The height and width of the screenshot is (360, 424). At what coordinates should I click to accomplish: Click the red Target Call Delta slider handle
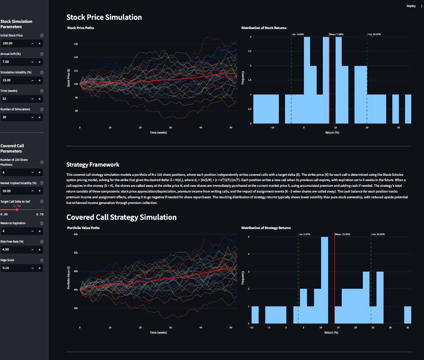(x=17, y=210)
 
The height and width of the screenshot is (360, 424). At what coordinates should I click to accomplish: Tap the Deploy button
(x=411, y=6)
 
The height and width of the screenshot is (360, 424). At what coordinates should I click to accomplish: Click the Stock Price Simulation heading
(x=104, y=18)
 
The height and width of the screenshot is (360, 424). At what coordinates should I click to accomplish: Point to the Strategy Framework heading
(x=93, y=165)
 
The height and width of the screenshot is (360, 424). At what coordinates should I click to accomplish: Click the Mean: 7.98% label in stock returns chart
(x=336, y=34)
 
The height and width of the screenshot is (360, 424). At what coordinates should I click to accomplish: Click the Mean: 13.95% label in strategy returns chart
(x=343, y=234)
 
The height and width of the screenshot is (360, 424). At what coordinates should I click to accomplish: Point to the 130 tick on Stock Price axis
(x=76, y=44)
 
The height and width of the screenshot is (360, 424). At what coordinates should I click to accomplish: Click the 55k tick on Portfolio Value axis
(x=75, y=235)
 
